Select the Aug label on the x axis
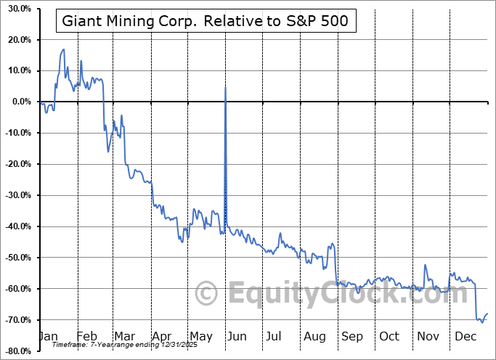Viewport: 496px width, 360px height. pyautogui.click(x=314, y=337)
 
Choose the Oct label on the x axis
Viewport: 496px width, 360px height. pyautogui.click(x=389, y=337)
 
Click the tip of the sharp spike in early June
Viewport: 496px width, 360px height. pyautogui.click(x=225, y=86)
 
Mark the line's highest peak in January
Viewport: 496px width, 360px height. pyautogui.click(x=64, y=49)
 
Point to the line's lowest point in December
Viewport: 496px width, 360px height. pyautogui.click(x=481, y=322)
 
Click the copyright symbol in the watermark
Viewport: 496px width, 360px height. pyautogui.click(x=208, y=294)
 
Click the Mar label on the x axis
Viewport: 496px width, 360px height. pyautogui.click(x=124, y=337)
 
